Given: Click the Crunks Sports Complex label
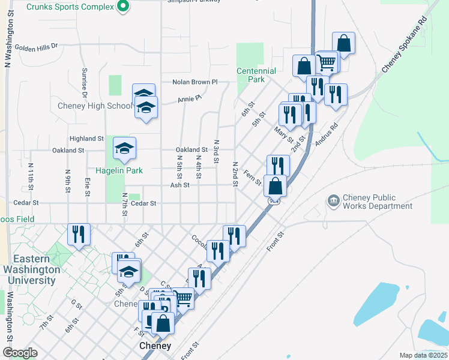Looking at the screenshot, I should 82,7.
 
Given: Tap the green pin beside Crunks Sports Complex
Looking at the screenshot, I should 123,7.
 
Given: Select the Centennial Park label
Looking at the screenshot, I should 256,75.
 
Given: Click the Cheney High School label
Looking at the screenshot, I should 94,106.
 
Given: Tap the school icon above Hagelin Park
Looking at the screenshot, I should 125,149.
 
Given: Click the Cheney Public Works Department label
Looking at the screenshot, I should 378,202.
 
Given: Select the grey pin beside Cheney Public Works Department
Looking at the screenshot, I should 333,199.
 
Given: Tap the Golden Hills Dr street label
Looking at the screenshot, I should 36,46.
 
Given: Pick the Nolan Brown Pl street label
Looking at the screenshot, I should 194,82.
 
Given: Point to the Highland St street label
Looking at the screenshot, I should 86,139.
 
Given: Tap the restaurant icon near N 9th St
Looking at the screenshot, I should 79,234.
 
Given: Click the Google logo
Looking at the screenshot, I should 20,353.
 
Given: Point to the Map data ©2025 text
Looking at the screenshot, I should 423,355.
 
